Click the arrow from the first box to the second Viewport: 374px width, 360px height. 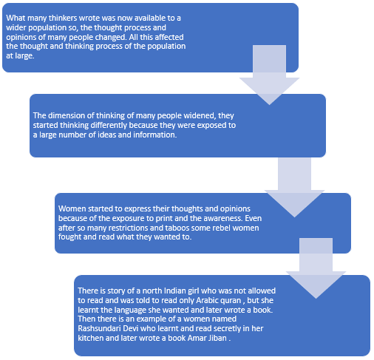point(269,75)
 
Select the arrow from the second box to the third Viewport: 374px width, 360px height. point(294,188)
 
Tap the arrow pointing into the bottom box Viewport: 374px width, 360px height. point(316,268)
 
